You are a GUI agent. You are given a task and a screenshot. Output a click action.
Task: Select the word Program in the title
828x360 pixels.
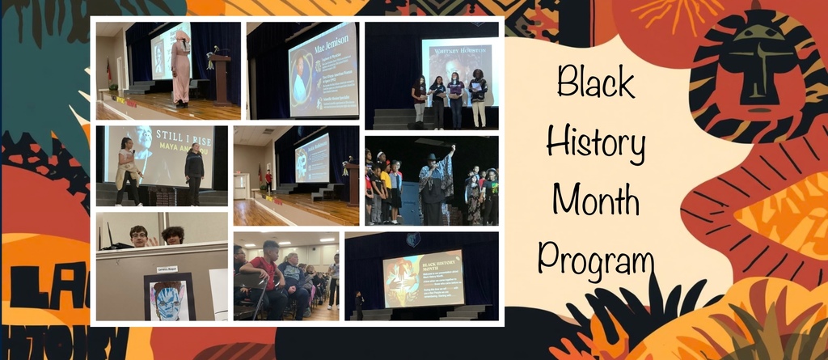597,259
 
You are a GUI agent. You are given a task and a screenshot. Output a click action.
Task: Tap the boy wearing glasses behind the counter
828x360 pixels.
138,236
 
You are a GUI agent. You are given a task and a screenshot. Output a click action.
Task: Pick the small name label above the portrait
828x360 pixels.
167,267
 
